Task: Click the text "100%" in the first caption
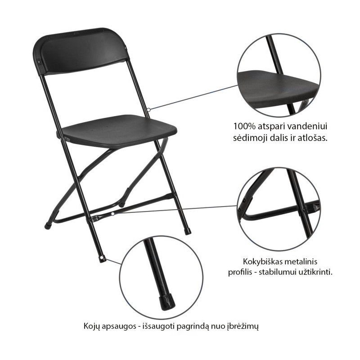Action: click(x=244, y=126)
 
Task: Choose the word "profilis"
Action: click(x=240, y=273)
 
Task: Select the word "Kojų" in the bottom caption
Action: click(x=91, y=326)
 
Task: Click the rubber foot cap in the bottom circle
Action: click(x=167, y=301)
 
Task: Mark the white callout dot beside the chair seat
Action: click(x=149, y=110)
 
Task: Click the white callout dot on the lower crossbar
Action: click(x=112, y=214)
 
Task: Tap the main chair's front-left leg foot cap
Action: click(x=103, y=259)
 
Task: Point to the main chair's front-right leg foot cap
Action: click(x=188, y=231)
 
